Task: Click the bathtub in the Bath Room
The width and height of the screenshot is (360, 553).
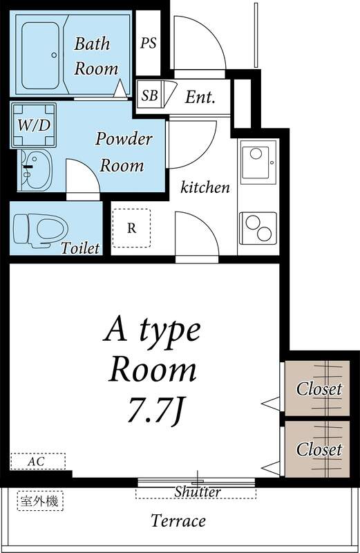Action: (40, 55)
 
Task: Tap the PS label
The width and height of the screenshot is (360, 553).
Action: (148, 43)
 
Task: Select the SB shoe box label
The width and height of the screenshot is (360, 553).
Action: (149, 95)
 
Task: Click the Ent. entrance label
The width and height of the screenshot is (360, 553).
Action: (200, 97)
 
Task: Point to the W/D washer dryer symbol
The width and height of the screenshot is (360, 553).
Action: (33, 125)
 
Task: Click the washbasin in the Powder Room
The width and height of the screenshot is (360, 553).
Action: (35, 169)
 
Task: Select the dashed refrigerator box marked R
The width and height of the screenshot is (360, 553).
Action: (131, 228)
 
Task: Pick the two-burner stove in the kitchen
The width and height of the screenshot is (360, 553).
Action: (258, 228)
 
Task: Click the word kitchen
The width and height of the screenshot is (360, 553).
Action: (205, 187)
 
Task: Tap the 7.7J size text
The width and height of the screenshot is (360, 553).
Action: (155, 411)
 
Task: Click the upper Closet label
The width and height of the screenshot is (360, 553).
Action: (319, 388)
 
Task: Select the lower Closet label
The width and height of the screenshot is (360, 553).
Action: (319, 449)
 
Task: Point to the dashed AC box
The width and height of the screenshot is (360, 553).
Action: (38, 461)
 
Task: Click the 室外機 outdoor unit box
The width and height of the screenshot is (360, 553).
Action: (40, 500)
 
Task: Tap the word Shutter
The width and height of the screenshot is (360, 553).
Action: (198, 491)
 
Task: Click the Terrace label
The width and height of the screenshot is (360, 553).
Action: (178, 521)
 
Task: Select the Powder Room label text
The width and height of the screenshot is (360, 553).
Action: (124, 152)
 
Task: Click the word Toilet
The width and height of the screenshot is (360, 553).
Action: (80, 248)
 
